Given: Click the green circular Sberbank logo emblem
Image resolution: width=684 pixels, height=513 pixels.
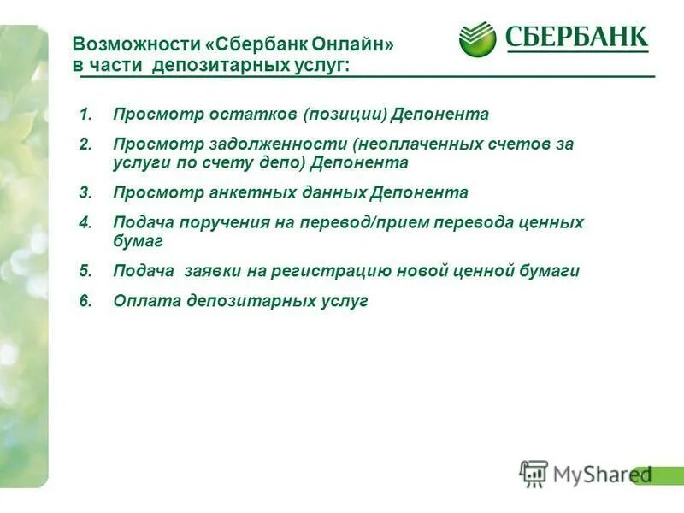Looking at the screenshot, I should coord(477,39).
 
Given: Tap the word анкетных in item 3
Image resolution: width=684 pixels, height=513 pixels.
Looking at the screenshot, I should coord(245,192).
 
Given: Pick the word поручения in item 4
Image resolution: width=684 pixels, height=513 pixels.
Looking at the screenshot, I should coord(213,222).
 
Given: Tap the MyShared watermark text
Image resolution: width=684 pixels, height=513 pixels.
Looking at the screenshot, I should coord(601,475).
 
